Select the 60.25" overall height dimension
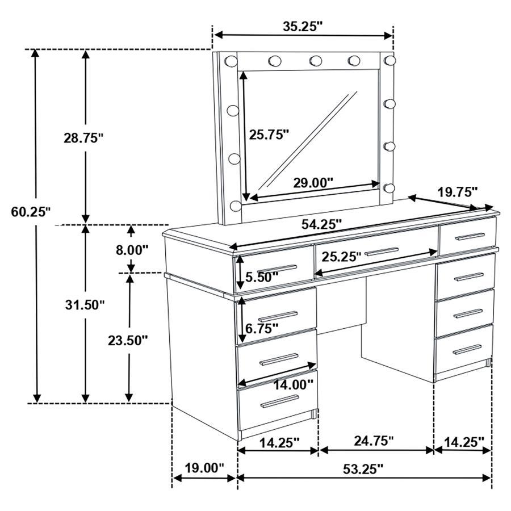click(31, 212)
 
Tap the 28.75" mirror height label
click(83, 137)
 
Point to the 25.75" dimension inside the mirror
click(269, 134)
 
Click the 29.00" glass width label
click(313, 183)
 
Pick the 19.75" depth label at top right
click(457, 191)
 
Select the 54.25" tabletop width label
click(321, 224)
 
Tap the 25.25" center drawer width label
click(341, 257)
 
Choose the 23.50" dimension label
click(128, 340)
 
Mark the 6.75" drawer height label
click(262, 328)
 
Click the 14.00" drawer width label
click(294, 384)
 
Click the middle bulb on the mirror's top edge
click(316, 60)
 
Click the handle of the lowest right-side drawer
click(467, 349)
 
